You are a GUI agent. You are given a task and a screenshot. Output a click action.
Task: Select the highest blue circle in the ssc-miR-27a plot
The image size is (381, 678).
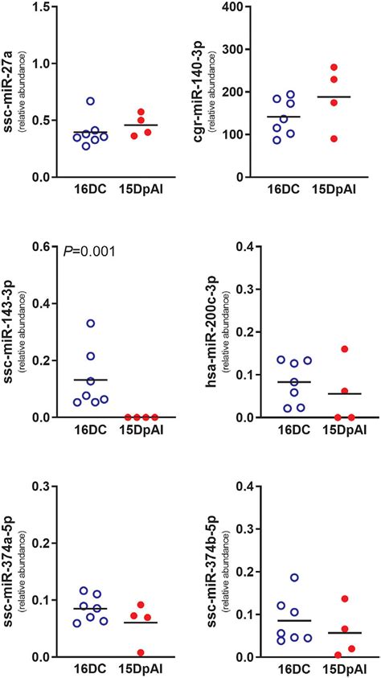coord(92,101)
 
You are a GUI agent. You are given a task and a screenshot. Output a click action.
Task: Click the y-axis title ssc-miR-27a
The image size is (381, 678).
coord(11,92)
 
